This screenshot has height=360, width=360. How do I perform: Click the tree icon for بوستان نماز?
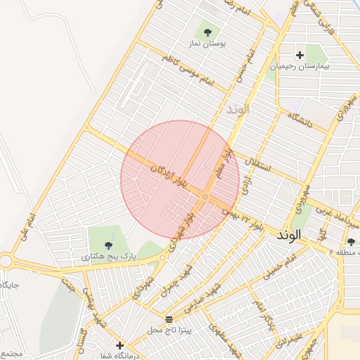[x=207, y=32]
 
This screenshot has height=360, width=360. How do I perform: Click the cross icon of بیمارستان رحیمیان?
[x=300, y=55]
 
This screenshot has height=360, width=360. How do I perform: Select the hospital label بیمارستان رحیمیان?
[x=300, y=67]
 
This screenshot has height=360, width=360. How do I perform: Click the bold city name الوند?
[x=289, y=233]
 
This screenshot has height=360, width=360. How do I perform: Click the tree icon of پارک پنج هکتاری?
[x=108, y=245]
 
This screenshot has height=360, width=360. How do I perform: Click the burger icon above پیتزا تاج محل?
[x=169, y=319]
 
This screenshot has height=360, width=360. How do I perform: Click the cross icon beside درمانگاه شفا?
[x=120, y=345]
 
